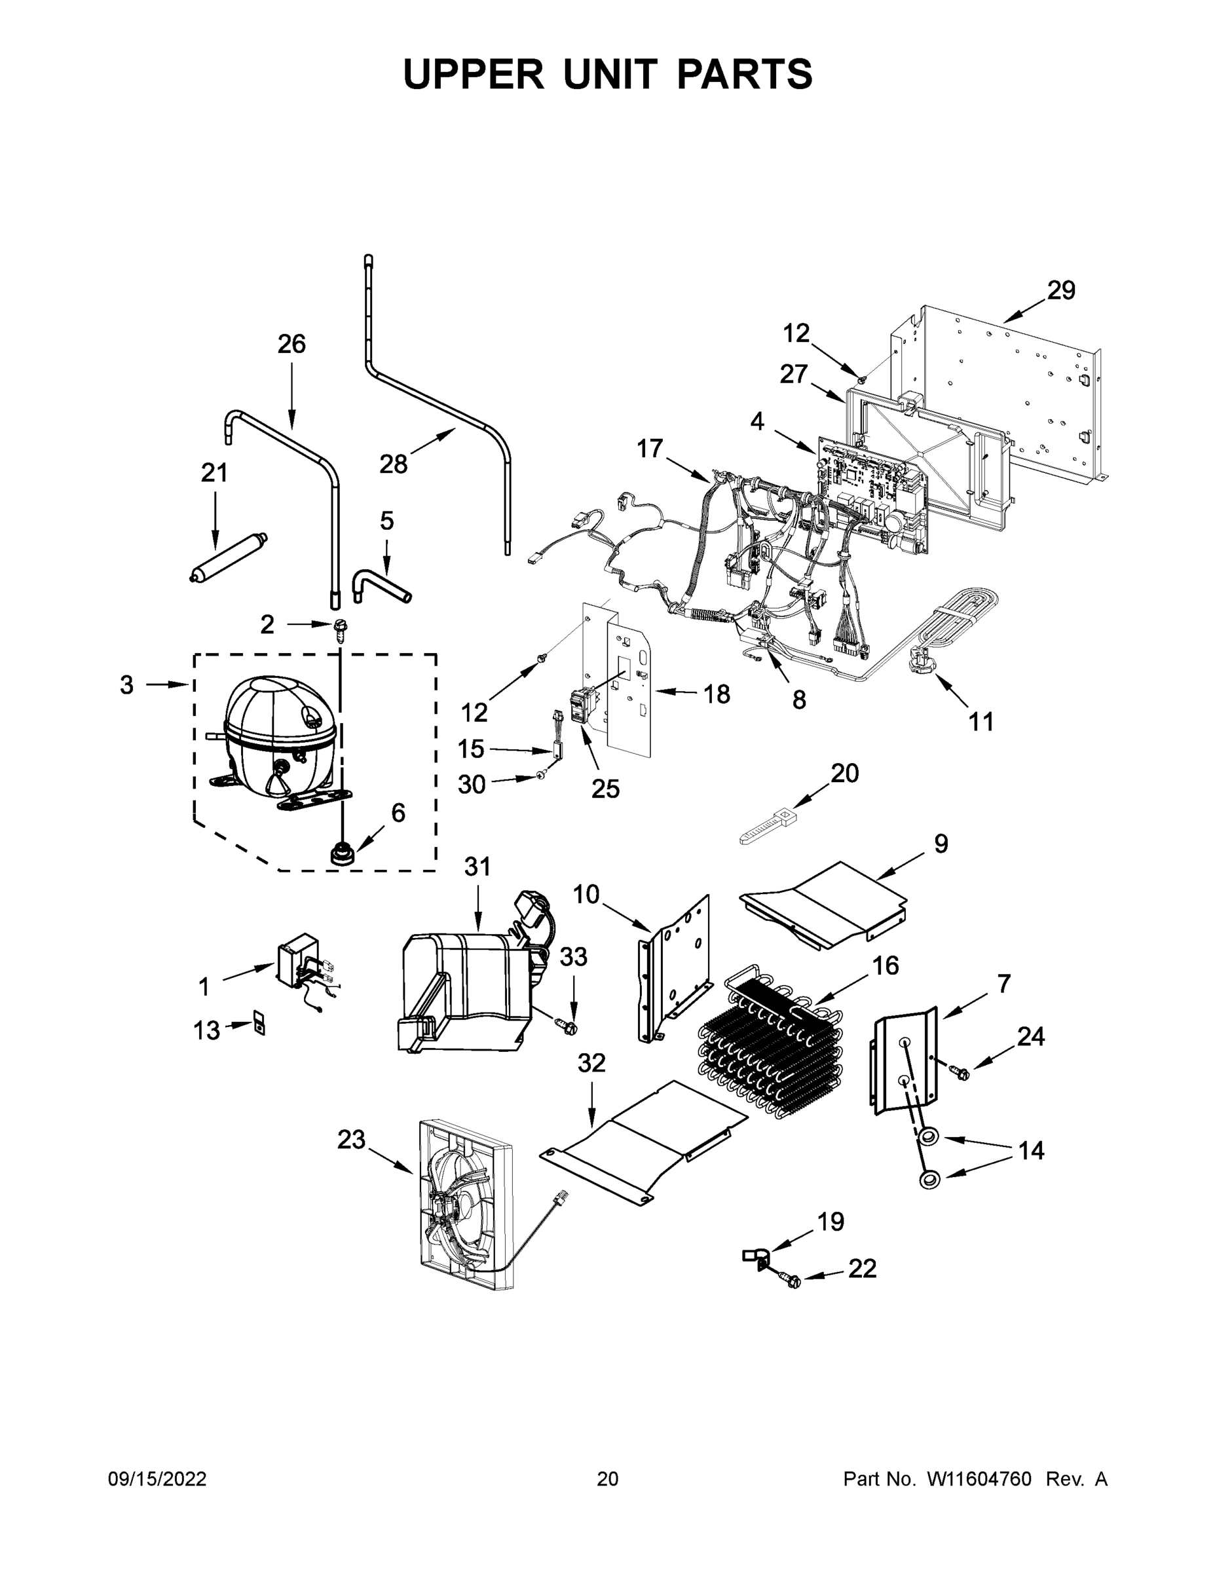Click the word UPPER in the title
(474, 74)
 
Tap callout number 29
(1060, 291)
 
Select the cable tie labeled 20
(770, 827)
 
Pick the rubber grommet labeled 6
(341, 855)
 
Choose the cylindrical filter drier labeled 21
(229, 556)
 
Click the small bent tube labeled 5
(380, 583)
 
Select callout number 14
(1031, 1150)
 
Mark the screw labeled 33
(567, 1025)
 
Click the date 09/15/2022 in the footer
(157, 1479)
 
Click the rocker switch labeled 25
(582, 706)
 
